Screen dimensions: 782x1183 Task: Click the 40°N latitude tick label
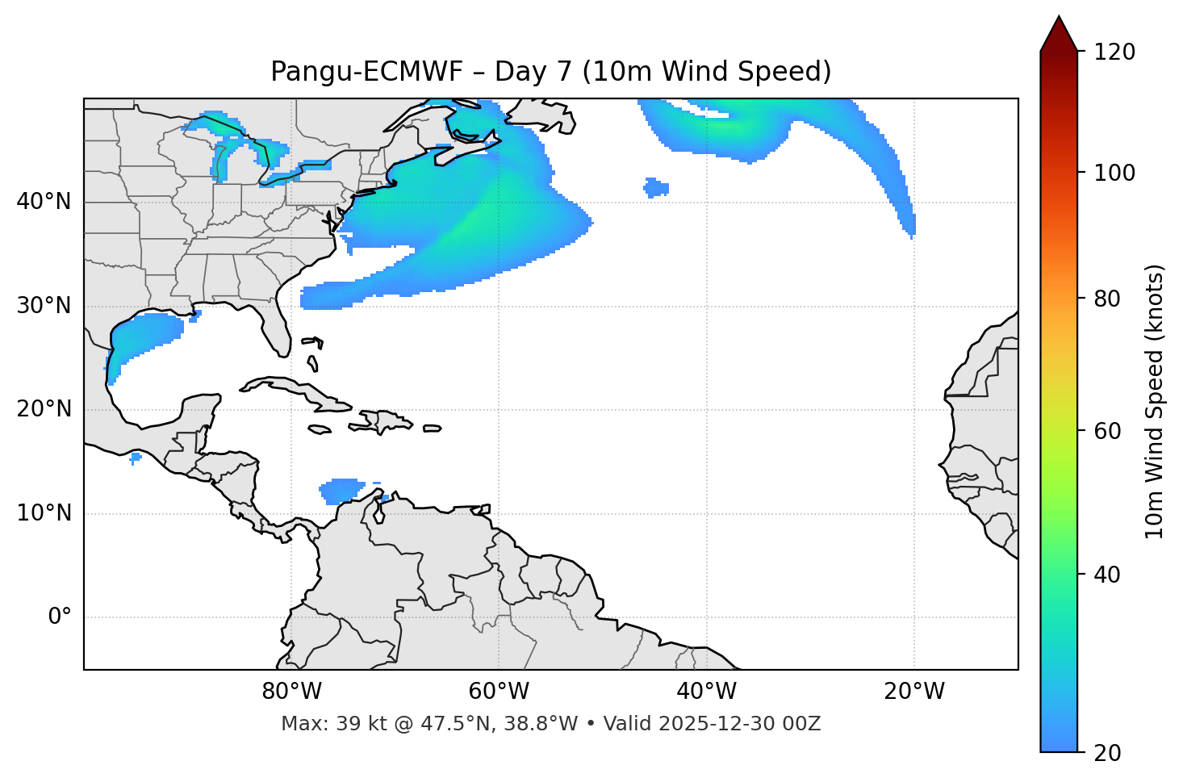click(44, 202)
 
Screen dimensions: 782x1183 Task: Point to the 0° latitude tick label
click(59, 617)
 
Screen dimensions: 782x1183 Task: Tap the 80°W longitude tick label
click(291, 692)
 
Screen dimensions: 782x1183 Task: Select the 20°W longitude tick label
click(914, 692)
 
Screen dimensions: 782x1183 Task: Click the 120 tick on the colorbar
click(1114, 52)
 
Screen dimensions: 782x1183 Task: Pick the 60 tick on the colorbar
click(1107, 431)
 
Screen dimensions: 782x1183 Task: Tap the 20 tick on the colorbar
click(1107, 753)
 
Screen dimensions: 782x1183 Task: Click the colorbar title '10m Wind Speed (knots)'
click(1155, 401)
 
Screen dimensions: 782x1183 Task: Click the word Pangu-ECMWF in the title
click(366, 72)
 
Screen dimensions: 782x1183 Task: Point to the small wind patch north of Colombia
click(342, 489)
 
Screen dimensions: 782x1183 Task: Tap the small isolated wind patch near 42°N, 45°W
click(656, 188)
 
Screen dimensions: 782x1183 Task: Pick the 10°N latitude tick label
click(44, 513)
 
